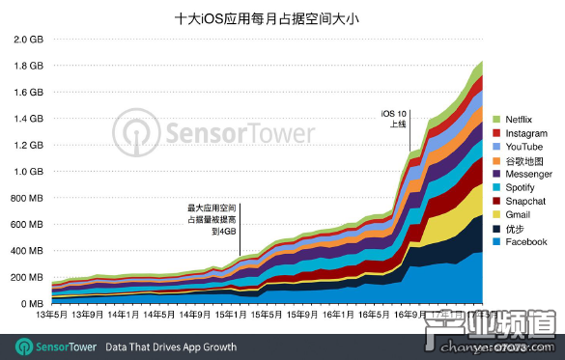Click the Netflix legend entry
point(518,118)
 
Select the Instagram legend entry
point(523,131)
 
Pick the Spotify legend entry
point(518,186)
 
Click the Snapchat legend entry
point(522,201)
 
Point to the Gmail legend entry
point(515,214)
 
